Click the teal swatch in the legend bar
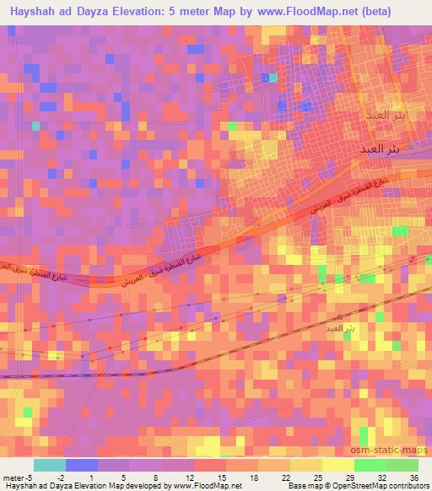click(50, 465)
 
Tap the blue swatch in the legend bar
click(82, 465)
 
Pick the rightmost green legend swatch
click(402, 465)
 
